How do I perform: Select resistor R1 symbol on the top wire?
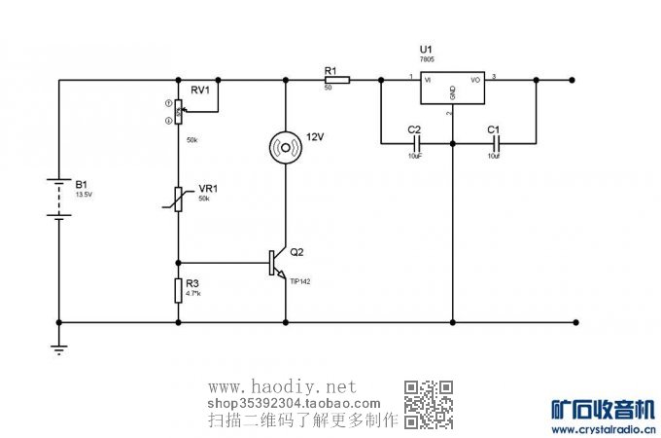[x=336, y=81]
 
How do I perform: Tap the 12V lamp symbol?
[x=286, y=147]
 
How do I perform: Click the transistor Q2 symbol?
[x=277, y=263]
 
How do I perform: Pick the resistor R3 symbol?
[x=178, y=289]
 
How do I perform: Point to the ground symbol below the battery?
[x=59, y=348]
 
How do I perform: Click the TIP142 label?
[x=300, y=281]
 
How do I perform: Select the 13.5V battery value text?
[x=87, y=195]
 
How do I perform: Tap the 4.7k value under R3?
[x=194, y=293]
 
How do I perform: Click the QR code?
[x=429, y=403]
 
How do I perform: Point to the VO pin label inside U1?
[x=476, y=80]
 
